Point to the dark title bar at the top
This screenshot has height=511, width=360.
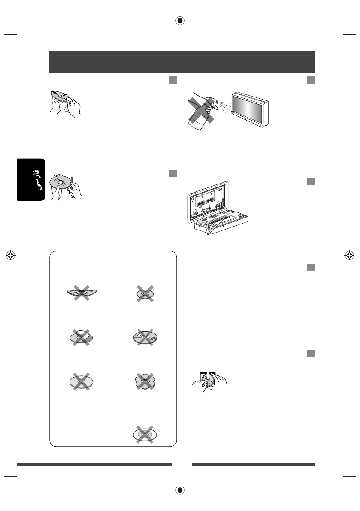(182, 62)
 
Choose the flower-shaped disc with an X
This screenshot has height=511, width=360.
(145, 381)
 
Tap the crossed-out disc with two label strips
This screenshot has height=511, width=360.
(81, 337)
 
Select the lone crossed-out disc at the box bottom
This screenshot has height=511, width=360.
(145, 434)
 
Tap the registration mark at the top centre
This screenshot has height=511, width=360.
(180, 21)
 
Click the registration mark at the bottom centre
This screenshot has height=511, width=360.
(180, 490)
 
